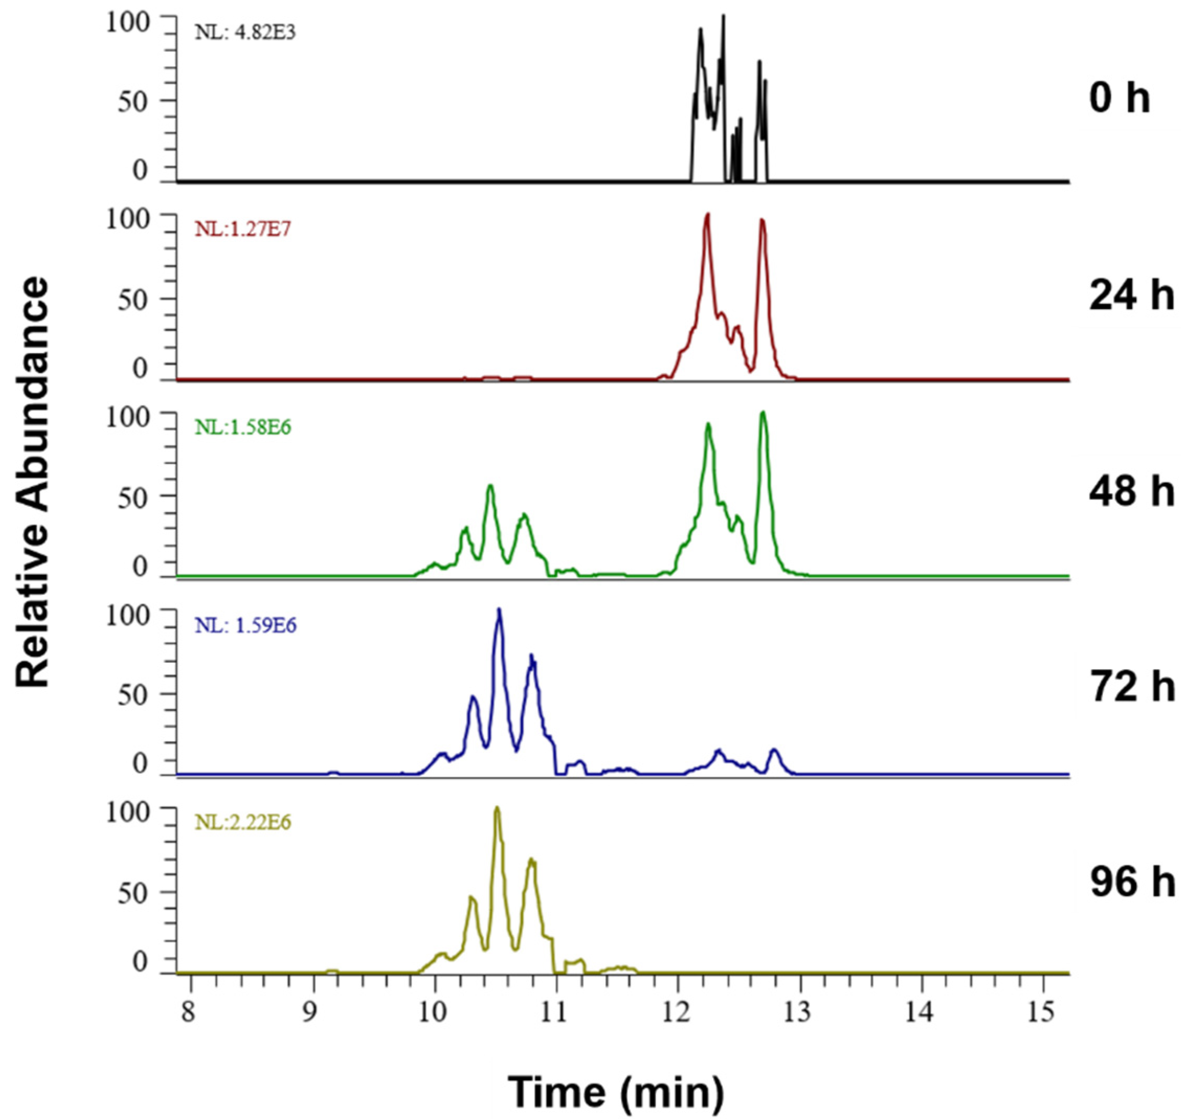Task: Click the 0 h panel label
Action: point(1119,98)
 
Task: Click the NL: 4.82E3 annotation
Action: point(246,33)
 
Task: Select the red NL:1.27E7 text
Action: point(242,229)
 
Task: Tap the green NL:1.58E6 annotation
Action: point(242,427)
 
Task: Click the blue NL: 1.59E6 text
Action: point(246,625)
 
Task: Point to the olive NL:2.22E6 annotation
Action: point(242,823)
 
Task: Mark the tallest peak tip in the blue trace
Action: point(499,609)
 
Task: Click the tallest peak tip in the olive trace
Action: point(496,808)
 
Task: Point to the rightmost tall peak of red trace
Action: point(762,221)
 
